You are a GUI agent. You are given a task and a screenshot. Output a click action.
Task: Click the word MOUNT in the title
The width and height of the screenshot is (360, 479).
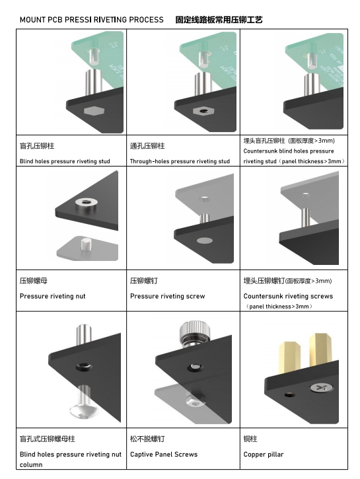[32, 20]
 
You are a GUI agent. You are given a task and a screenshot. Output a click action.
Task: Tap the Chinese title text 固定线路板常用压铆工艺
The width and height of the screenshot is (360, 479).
[219, 20]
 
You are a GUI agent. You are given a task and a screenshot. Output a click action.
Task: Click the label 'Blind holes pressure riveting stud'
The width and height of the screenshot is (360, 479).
[65, 161]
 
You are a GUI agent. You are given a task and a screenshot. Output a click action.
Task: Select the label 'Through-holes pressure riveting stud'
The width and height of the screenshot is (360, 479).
[180, 161]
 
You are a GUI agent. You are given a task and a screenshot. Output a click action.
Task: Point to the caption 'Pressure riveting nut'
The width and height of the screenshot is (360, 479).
[53, 296]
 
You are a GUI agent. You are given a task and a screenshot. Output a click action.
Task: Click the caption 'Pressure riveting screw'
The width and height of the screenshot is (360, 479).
[168, 296]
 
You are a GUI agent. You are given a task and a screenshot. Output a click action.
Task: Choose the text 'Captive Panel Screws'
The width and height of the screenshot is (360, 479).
[164, 455]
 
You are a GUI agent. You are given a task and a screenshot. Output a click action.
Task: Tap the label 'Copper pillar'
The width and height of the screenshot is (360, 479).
[264, 455]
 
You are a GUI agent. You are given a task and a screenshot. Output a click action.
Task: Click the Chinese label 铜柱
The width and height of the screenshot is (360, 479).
[250, 439]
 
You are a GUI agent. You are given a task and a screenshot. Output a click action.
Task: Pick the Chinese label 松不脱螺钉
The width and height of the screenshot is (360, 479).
[147, 439]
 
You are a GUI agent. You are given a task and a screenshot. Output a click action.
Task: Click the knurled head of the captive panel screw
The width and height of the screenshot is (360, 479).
[194, 330]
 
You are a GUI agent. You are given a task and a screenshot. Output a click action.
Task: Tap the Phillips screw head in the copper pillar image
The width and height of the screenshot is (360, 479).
[320, 388]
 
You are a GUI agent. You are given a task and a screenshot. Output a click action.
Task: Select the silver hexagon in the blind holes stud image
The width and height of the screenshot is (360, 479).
[94, 110]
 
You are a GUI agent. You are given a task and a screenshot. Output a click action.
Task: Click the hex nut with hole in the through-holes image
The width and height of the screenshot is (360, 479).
[203, 110]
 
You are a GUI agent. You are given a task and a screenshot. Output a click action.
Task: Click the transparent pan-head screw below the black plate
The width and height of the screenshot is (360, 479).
[84, 403]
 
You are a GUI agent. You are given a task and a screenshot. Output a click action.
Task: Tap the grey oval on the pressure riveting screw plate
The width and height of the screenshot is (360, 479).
[205, 240]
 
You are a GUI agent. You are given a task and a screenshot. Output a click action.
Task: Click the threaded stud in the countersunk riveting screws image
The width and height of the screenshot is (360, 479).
[306, 217]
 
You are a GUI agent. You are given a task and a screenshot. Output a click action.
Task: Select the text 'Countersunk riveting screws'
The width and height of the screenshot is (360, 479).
[288, 296]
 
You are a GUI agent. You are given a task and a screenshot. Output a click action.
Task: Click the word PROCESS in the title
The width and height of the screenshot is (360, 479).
[146, 20]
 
